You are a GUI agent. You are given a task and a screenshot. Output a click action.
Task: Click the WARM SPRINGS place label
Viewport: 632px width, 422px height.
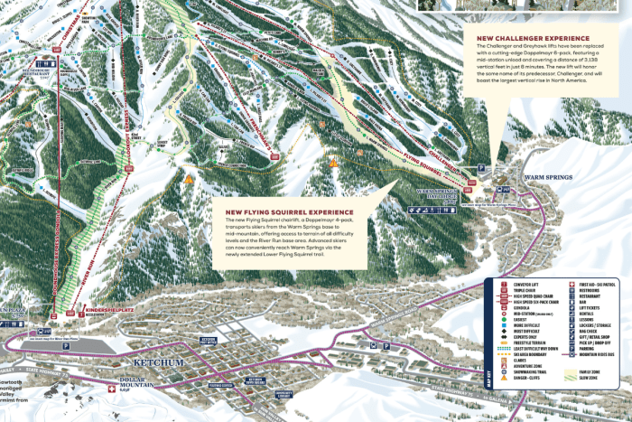[x=548, y=177]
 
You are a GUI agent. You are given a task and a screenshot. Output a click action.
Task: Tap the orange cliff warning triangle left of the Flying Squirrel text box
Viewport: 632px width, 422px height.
[x=189, y=179]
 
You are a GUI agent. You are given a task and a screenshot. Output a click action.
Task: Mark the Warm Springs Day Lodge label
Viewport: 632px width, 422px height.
[x=435, y=196]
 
